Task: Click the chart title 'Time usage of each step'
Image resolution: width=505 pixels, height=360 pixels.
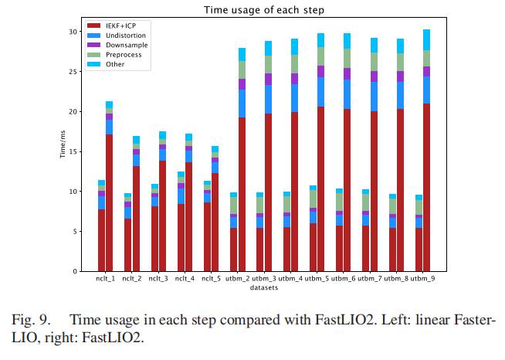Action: pyautogui.click(x=263, y=10)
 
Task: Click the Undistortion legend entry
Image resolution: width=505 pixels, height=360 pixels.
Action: pyautogui.click(x=127, y=36)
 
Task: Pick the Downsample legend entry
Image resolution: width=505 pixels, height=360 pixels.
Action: pyautogui.click(x=127, y=46)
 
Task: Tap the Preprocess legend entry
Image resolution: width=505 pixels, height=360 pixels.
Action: pyautogui.click(x=126, y=55)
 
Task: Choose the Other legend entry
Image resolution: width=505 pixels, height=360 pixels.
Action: pyautogui.click(x=117, y=64)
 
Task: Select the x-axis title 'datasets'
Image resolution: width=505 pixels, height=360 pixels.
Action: pyautogui.click(x=263, y=288)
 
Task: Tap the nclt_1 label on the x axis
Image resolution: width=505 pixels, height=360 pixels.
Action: pyautogui.click(x=105, y=279)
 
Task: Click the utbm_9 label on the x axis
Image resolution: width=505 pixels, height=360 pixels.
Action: pyautogui.click(x=422, y=279)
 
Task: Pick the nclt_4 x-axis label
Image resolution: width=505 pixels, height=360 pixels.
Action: pyautogui.click(x=185, y=279)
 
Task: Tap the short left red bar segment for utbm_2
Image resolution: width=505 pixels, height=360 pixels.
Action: pyautogui.click(x=233, y=250)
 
